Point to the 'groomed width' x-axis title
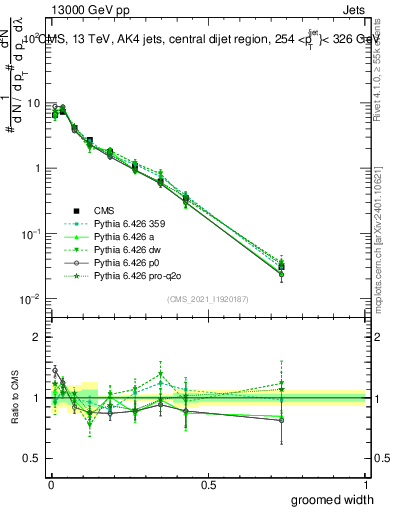tap(327, 499)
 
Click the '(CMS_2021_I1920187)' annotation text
tap(207, 299)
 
